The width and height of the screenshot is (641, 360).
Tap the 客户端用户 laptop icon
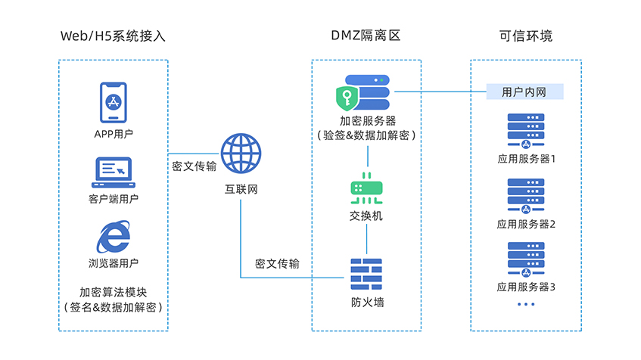coord(113,172)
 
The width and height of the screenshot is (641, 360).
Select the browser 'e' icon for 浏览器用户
coord(113,237)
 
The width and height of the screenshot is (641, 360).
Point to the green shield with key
coord(349,98)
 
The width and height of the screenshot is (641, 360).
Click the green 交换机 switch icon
coord(367,189)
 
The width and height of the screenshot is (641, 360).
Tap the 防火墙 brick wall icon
coord(367,275)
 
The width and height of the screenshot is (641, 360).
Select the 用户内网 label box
coord(525,92)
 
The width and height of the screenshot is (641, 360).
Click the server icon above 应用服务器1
coord(525,132)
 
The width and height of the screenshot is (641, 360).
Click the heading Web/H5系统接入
coord(113,36)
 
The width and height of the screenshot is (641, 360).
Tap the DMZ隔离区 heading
coord(366,36)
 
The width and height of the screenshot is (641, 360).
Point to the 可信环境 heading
coord(526,36)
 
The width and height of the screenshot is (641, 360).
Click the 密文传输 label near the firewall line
coord(277,264)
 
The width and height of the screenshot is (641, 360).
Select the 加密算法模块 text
coord(113,292)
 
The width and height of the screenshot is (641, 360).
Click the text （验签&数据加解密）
coord(367,135)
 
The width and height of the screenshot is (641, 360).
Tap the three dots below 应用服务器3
coord(525,304)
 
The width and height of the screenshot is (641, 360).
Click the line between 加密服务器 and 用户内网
coord(439,92)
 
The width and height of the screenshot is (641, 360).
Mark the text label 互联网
coord(241,189)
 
